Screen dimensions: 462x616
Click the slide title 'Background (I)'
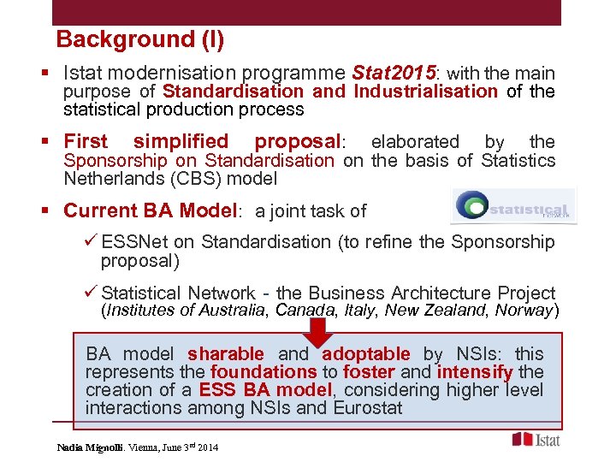tap(139, 39)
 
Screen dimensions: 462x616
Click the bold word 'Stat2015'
tap(394, 74)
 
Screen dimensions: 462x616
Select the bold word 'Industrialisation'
tap(425, 92)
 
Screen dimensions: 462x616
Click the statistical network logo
tap(512, 208)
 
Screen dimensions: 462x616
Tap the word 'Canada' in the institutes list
tap(303, 311)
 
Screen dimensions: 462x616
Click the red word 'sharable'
tap(226, 354)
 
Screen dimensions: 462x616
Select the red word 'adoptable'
tap(366, 354)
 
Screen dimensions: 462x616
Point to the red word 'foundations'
tap(264, 372)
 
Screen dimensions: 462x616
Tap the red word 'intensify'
tap(475, 372)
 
